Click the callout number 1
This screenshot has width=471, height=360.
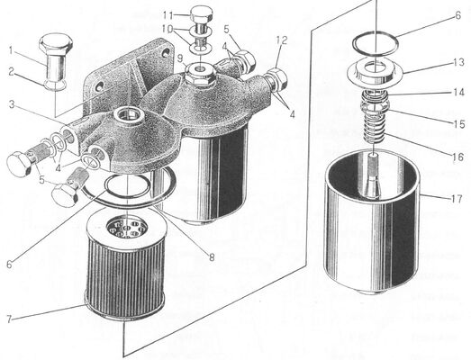click(11, 50)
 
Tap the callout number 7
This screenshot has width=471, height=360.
click(9, 319)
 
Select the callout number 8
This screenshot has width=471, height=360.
click(213, 257)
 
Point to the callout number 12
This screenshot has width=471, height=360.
click(282, 40)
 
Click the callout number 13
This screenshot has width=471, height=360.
click(459, 62)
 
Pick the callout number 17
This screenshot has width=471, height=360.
click(456, 199)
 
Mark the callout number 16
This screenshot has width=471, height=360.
click(458, 157)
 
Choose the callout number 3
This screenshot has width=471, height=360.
click(12, 104)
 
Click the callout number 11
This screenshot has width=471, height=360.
click(168, 14)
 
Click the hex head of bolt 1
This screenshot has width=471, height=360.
click(56, 43)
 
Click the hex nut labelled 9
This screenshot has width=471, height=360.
click(198, 74)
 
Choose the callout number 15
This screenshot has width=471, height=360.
click(459, 124)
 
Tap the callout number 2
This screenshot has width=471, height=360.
click(11, 71)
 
